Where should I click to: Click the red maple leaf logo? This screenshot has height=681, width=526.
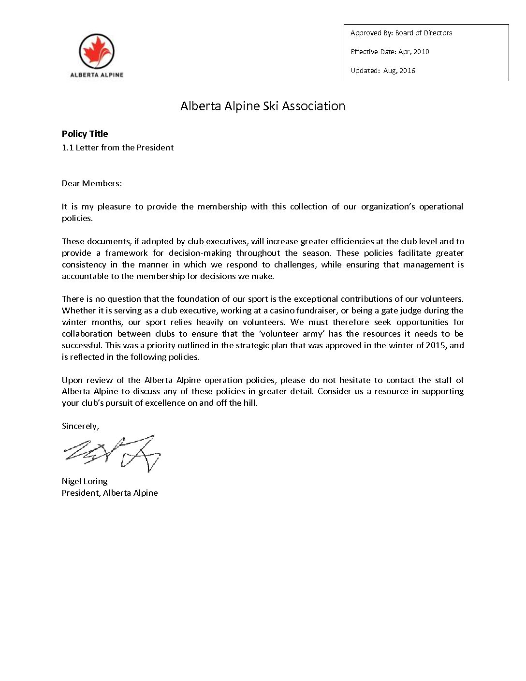pos(97,51)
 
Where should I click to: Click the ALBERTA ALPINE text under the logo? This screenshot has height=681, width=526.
pos(97,75)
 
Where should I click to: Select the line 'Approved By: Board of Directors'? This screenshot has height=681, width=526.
pos(401,33)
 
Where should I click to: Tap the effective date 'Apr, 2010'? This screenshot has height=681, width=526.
pos(413,52)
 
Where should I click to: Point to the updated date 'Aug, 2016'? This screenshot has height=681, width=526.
pos(399,71)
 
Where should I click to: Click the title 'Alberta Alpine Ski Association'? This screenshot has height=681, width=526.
pos(263,106)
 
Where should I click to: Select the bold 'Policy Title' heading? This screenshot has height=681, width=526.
pos(85,134)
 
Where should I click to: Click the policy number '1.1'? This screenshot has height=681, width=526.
pos(67,148)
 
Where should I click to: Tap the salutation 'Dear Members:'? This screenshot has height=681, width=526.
pos(92,183)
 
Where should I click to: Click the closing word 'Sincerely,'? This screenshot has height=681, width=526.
pos(80,426)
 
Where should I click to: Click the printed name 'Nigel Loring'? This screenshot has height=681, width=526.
pos(85,481)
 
